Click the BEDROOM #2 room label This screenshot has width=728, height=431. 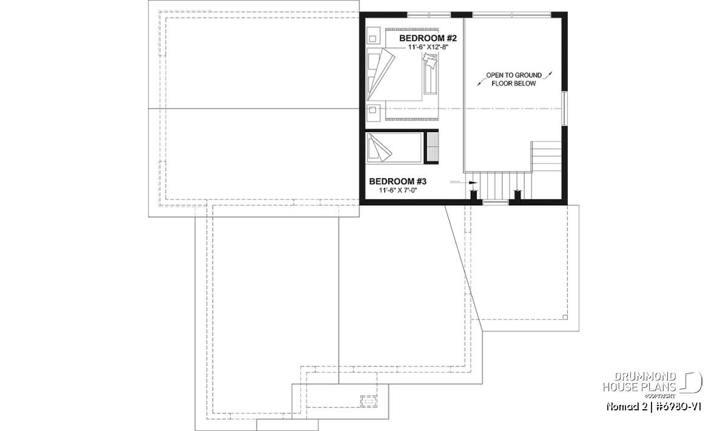point(428,38)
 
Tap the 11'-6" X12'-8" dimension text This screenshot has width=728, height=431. point(428,47)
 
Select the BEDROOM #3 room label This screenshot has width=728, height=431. point(398,181)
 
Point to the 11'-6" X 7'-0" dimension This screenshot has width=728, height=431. point(398,190)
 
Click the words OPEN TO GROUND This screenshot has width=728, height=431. point(514,75)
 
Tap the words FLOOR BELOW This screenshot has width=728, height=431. point(513,84)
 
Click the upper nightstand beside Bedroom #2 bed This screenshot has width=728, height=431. point(373,36)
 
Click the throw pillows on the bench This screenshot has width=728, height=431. point(430,61)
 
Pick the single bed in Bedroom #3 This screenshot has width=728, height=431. point(394,147)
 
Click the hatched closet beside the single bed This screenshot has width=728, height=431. point(432,147)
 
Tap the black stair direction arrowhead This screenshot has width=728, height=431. point(473,183)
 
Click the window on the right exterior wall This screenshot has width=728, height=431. point(565,109)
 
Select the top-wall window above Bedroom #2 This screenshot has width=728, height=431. point(429,15)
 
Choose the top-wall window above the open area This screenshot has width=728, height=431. point(512,15)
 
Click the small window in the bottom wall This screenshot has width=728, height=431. point(495,202)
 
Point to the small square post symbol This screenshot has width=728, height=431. point(565,317)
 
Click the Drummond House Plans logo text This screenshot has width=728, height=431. point(639,382)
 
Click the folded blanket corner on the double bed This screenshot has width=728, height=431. point(381,75)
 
